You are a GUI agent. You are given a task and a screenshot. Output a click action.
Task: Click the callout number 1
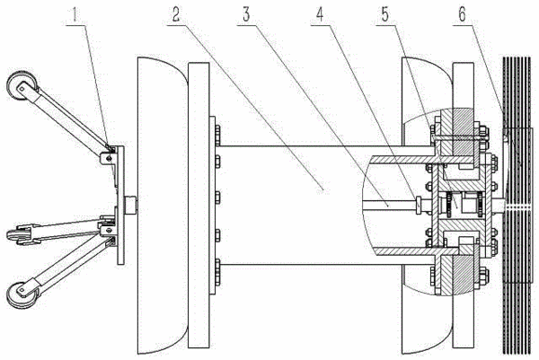(75, 14)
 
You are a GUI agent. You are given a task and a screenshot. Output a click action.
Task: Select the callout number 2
(175, 14)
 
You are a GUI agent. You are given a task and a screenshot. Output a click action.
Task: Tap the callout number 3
(246, 14)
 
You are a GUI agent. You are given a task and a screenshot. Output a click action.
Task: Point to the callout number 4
(320, 14)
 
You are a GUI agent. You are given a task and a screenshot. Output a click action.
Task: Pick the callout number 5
(385, 14)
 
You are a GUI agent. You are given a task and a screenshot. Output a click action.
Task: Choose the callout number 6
(462, 14)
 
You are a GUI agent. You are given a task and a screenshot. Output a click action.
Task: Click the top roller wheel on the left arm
(22, 86)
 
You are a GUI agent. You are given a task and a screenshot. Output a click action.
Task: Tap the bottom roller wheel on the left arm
(22, 294)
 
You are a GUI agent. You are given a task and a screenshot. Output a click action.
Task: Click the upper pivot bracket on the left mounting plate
(107, 158)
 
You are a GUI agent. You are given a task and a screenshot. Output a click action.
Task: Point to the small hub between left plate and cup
(131, 205)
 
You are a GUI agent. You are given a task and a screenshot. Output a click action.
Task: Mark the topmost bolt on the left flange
(218, 132)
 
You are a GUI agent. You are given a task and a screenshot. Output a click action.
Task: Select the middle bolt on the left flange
(218, 198)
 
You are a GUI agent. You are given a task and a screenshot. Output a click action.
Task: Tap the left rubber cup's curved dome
(163, 206)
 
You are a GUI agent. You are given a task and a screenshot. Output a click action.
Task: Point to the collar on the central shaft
(419, 205)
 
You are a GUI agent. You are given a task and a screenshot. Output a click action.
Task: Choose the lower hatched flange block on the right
(456, 275)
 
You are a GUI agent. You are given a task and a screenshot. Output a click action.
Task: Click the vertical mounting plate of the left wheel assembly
(120, 205)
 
